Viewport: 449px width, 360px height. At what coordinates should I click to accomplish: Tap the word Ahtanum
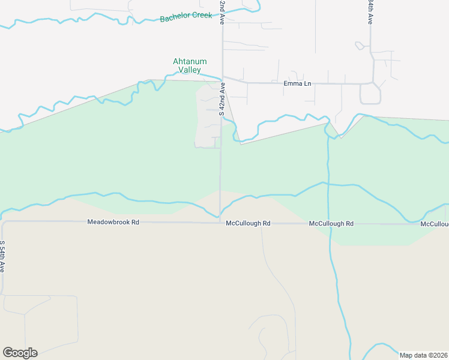click(x=190, y=61)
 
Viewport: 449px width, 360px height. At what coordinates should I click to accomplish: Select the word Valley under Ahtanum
click(x=190, y=70)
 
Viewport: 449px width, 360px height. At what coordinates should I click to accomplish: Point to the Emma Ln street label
click(x=297, y=83)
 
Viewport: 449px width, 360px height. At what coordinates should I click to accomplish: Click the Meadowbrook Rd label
click(x=113, y=222)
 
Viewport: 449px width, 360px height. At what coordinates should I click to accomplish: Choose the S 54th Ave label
click(x=3, y=257)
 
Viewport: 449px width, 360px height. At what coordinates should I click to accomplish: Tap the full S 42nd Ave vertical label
click(x=222, y=100)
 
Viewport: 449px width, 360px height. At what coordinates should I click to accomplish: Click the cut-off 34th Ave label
click(x=371, y=11)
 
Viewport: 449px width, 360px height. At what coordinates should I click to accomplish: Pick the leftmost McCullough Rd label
click(x=248, y=223)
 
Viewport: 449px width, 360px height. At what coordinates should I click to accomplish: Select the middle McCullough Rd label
click(x=331, y=223)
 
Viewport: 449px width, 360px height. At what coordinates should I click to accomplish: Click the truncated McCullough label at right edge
click(x=434, y=224)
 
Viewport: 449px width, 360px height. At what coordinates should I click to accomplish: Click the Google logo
click(x=20, y=353)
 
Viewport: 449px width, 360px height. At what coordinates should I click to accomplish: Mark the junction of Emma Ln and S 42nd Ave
click(x=223, y=82)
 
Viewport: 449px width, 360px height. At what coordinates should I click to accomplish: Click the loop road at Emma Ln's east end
click(x=370, y=95)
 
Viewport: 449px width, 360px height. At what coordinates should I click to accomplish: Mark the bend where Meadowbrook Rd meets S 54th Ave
click(x=3, y=223)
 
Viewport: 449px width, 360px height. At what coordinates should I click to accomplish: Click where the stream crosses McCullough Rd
click(x=330, y=223)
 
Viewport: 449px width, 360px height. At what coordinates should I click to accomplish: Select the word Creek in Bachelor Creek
click(x=202, y=15)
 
